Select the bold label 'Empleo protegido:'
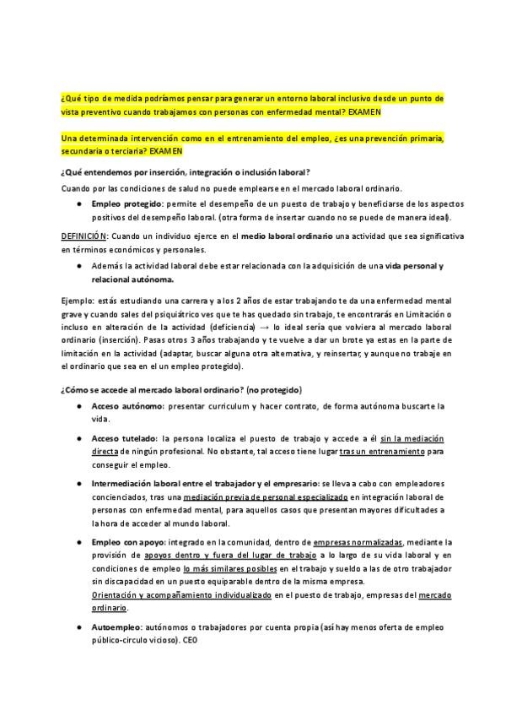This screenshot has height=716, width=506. (128, 204)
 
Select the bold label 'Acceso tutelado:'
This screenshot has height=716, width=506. (125, 439)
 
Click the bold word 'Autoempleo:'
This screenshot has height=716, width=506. (116, 628)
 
